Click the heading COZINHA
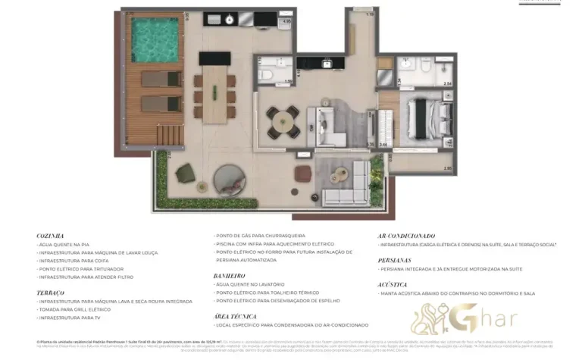(50, 236)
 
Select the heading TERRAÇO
(50, 292)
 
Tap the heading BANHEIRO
(230, 275)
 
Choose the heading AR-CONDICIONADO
(406, 236)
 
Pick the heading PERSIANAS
(394, 259)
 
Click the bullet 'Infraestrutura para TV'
(69, 317)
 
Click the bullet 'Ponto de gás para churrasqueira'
(258, 236)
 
